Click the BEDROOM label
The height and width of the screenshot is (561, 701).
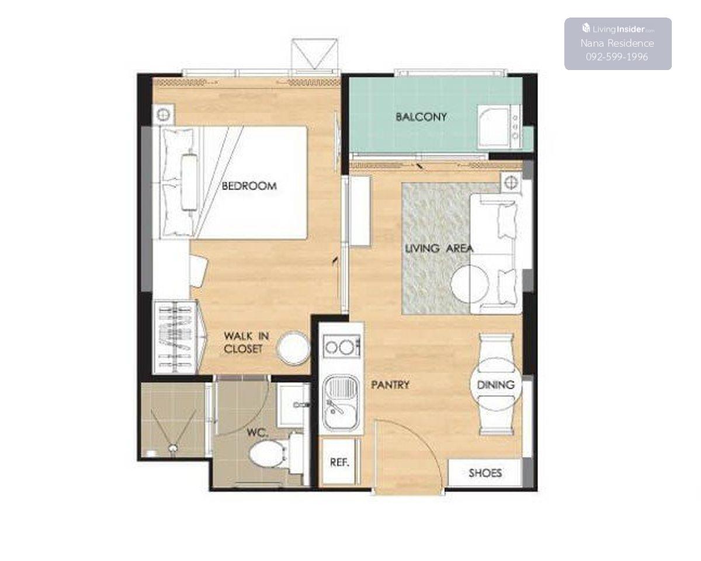(249, 186)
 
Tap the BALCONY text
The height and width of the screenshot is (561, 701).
(421, 117)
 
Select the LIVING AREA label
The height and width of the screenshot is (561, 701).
(439, 249)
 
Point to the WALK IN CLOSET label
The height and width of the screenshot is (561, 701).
(247, 343)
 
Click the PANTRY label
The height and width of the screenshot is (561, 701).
(390, 385)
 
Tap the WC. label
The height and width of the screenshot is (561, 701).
(258, 433)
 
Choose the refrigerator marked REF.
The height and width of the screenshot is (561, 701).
(340, 462)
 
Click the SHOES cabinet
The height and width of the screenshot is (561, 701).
(485, 473)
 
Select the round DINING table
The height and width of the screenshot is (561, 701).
(496, 385)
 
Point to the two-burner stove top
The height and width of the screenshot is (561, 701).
(341, 346)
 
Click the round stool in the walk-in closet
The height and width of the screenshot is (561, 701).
(293, 348)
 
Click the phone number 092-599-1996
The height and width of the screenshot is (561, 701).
(617, 57)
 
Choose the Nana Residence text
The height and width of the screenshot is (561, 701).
(617, 43)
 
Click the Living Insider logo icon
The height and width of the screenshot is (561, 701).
(586, 29)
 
